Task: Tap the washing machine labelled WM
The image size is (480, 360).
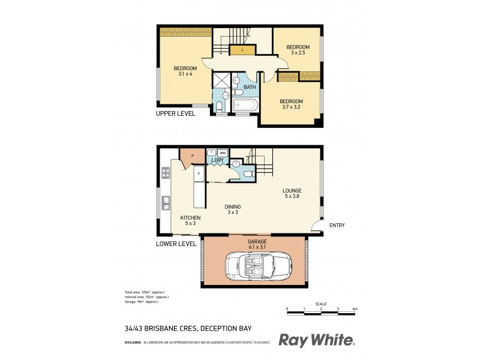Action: click(x=222, y=152)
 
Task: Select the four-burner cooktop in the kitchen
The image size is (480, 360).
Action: click(x=165, y=174)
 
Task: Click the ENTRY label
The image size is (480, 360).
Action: click(x=337, y=226)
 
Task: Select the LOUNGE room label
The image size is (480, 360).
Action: click(x=292, y=192)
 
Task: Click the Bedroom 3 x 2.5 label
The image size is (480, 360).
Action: click(x=297, y=50)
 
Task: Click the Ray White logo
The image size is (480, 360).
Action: click(x=316, y=341)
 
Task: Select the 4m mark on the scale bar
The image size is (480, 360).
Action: click(x=355, y=309)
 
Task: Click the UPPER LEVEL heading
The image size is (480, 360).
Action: click(x=175, y=113)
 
